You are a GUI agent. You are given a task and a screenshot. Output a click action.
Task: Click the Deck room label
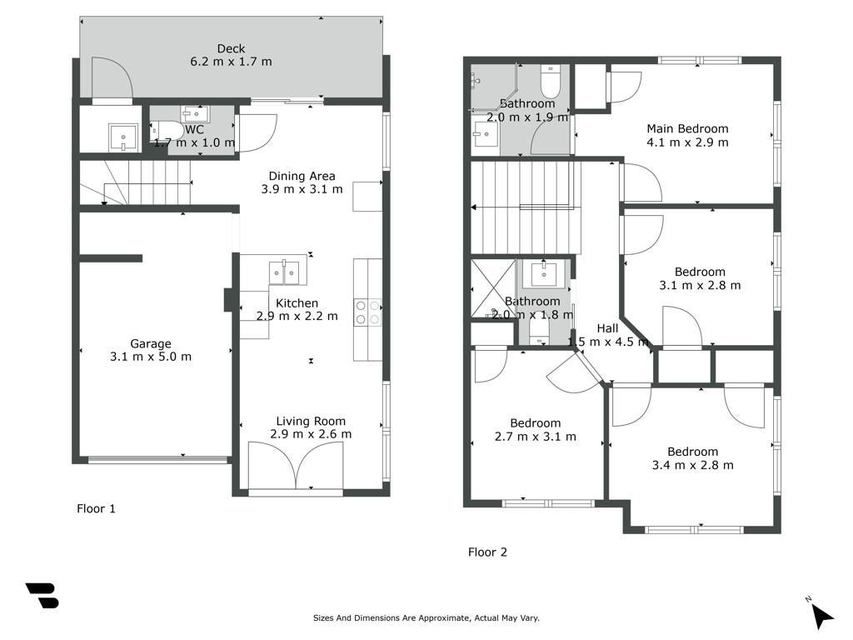tap(232, 49)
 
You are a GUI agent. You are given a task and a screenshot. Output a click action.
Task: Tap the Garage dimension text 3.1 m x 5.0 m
tap(151, 357)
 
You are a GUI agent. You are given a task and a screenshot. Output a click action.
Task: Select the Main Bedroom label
tap(687, 129)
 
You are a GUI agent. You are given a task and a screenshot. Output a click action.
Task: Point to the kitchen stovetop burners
tap(367, 312)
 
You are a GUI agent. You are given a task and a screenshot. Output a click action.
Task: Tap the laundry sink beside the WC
tap(123, 137)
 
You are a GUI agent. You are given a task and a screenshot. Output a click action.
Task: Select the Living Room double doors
tap(296, 465)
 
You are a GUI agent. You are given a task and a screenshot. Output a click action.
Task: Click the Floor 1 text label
tap(97, 509)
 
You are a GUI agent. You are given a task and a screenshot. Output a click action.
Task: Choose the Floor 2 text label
tap(487, 552)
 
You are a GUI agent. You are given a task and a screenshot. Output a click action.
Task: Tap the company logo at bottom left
tap(42, 595)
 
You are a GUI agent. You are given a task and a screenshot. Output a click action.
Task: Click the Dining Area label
tap(302, 177)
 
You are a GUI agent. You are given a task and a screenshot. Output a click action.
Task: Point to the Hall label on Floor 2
tap(607, 328)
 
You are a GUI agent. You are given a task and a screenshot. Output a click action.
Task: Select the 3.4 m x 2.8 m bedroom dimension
tap(692, 465)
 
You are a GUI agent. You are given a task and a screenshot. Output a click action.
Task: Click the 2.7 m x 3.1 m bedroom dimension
tap(536, 437)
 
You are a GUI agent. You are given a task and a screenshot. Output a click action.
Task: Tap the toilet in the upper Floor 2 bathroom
tap(551, 81)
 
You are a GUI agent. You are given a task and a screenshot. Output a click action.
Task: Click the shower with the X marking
tap(493, 288)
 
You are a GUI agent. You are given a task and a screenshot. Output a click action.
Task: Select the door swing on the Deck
tap(112, 79)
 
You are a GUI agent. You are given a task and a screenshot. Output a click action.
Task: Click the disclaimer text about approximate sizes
tap(426, 618)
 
